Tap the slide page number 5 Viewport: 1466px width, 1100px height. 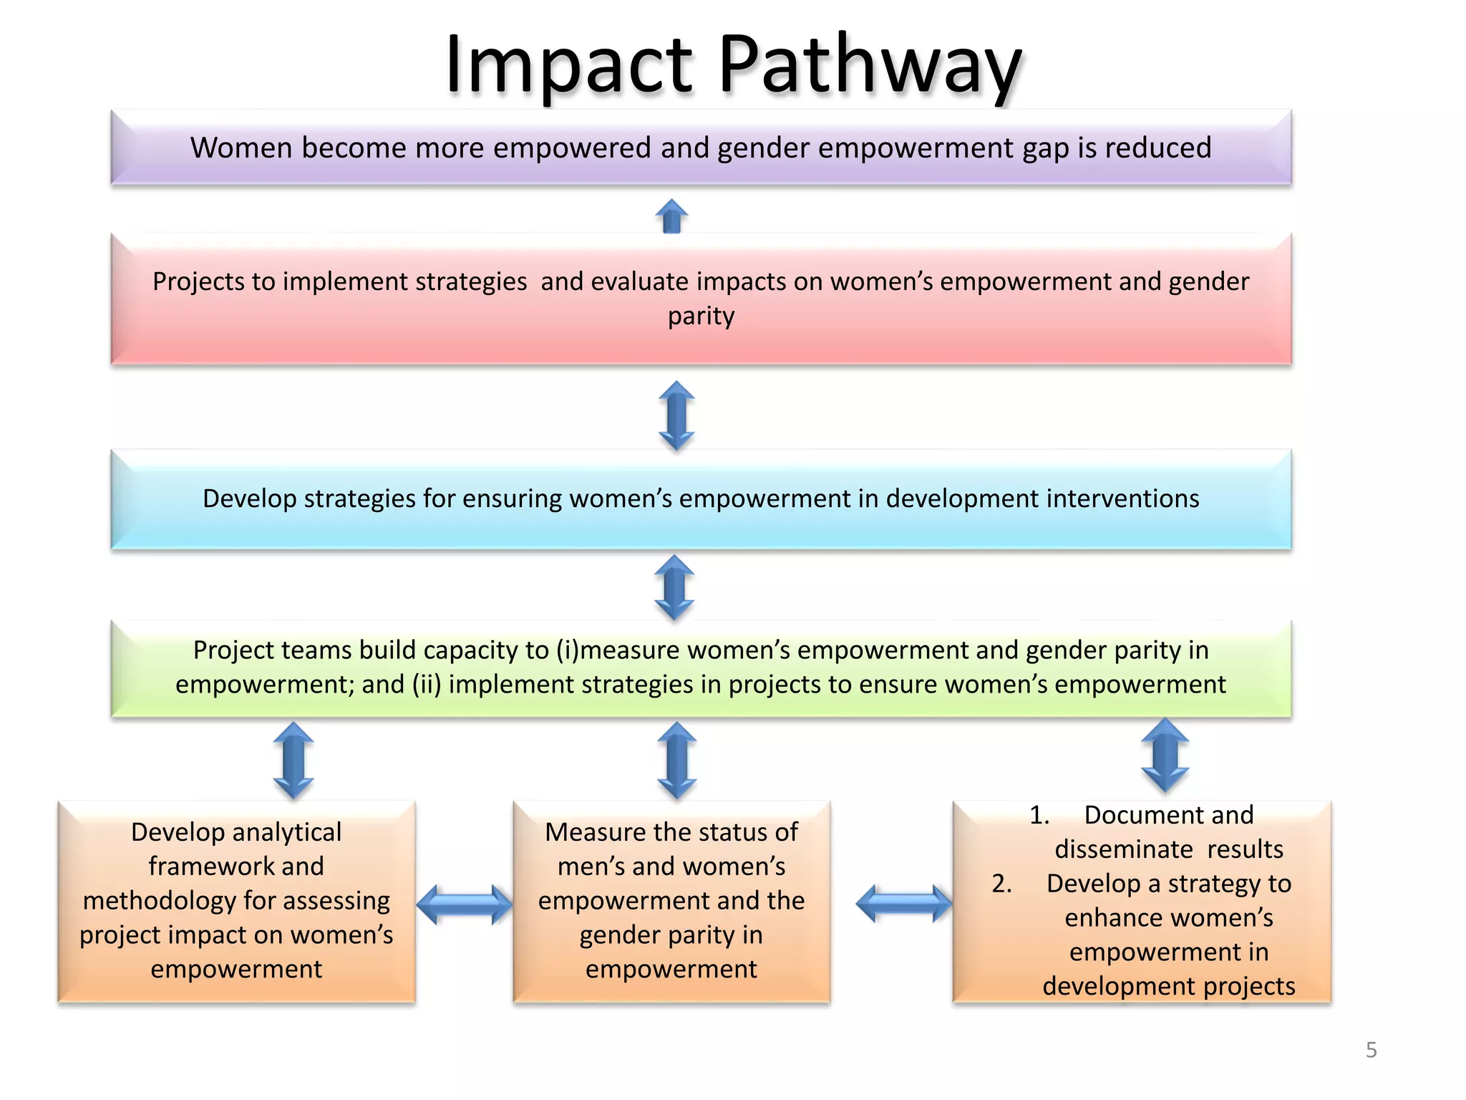pyautogui.click(x=1371, y=1050)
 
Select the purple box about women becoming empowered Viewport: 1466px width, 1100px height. pyautogui.click(x=701, y=148)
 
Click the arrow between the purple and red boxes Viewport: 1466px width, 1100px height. pyautogui.click(x=671, y=216)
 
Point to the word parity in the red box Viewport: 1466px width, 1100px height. pyautogui.click(x=701, y=316)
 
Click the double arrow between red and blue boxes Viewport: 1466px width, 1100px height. pyautogui.click(x=676, y=415)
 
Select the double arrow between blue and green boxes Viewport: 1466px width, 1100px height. pyautogui.click(x=674, y=587)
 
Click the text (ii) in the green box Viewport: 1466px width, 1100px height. pyautogui.click(x=427, y=685)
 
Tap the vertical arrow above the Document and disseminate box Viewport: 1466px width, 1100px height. pyautogui.click(x=1165, y=756)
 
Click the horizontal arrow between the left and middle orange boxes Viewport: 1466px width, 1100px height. pyautogui.click(x=465, y=904)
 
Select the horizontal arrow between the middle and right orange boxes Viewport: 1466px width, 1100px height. pyautogui.click(x=903, y=904)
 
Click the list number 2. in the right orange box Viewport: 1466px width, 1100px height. pyautogui.click(x=1001, y=884)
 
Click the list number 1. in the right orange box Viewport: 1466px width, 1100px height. pyautogui.click(x=1039, y=815)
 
